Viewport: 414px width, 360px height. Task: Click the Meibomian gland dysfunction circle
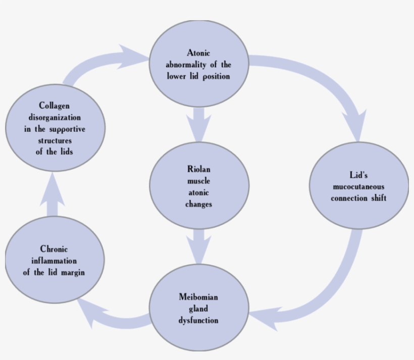pyautogui.click(x=198, y=308)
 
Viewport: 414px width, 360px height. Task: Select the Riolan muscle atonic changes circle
pyautogui.click(x=198, y=186)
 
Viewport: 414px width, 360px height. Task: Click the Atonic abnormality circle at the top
pyautogui.click(x=198, y=64)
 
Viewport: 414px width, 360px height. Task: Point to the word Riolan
pyautogui.click(x=198, y=169)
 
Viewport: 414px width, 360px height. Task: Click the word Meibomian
pyautogui.click(x=198, y=296)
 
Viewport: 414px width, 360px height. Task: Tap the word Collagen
pyautogui.click(x=54, y=106)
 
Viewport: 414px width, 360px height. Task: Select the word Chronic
pyautogui.click(x=54, y=249)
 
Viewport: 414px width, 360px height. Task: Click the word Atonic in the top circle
pyautogui.click(x=198, y=53)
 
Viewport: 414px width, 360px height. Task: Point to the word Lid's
pyautogui.click(x=358, y=175)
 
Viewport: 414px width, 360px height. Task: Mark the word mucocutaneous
pyautogui.click(x=358, y=186)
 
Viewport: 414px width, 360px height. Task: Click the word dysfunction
pyautogui.click(x=198, y=320)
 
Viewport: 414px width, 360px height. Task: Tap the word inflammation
pyautogui.click(x=54, y=261)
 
